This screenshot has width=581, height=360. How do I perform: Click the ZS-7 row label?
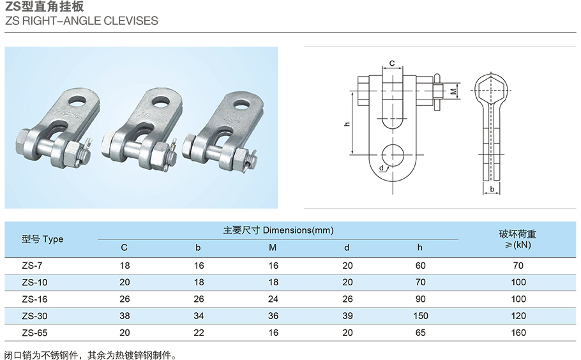pos(32,266)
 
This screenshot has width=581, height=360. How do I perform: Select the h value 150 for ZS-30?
pos(420,316)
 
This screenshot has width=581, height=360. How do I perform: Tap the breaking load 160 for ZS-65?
pos(518,333)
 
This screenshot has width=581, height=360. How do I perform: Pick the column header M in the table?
pos(273,248)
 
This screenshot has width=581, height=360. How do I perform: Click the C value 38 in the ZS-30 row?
pos(124,316)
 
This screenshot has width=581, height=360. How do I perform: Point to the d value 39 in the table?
pos(347,316)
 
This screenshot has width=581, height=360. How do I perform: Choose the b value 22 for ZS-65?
pos(199,333)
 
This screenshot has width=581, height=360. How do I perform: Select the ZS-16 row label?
pos(34,299)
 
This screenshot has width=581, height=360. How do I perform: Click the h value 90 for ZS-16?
pos(420,299)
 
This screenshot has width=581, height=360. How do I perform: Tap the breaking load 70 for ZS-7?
pos(518,266)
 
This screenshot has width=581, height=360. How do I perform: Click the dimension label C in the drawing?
pos(392,63)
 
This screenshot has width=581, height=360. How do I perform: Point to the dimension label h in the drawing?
pos(347,124)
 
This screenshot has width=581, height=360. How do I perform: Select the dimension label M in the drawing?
pos(453,91)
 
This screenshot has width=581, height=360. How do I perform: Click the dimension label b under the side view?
pos(492,190)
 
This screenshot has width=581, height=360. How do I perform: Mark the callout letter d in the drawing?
pos(381,168)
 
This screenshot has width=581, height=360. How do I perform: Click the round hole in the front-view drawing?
pos(393,155)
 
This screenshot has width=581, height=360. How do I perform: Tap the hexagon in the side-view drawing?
pos(492,91)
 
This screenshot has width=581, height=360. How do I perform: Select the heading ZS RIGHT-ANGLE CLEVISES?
pos(82,20)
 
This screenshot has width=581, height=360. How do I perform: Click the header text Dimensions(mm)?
pos(298,230)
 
